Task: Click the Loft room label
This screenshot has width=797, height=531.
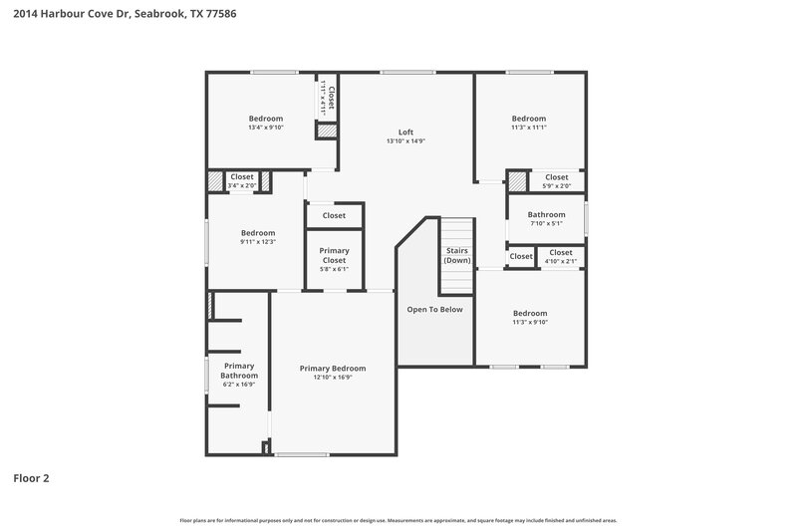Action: coord(405,133)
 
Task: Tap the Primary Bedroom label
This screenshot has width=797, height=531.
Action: coord(333,369)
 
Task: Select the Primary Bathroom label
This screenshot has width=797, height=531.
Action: coord(239,371)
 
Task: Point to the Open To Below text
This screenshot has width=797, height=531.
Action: coord(434,310)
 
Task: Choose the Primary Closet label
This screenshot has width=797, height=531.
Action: coord(333,255)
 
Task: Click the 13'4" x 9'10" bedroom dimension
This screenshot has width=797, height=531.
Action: coord(266,128)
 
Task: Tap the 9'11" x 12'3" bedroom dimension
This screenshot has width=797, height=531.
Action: coord(257,242)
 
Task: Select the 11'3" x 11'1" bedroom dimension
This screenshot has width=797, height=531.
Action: coord(529,128)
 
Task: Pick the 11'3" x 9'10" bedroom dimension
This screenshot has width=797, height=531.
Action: coord(529,322)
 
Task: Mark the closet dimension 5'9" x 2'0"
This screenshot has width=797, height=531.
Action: coord(557,186)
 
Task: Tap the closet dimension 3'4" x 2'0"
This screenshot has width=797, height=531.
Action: coord(242,185)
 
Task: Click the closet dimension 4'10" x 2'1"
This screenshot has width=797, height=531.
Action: coord(561,261)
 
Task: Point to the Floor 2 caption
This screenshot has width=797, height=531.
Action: coord(31,478)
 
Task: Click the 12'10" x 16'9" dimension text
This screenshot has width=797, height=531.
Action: coord(333,378)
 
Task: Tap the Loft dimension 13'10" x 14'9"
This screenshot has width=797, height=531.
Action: coord(405,141)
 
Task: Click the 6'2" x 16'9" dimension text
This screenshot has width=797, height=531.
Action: coord(239,385)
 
